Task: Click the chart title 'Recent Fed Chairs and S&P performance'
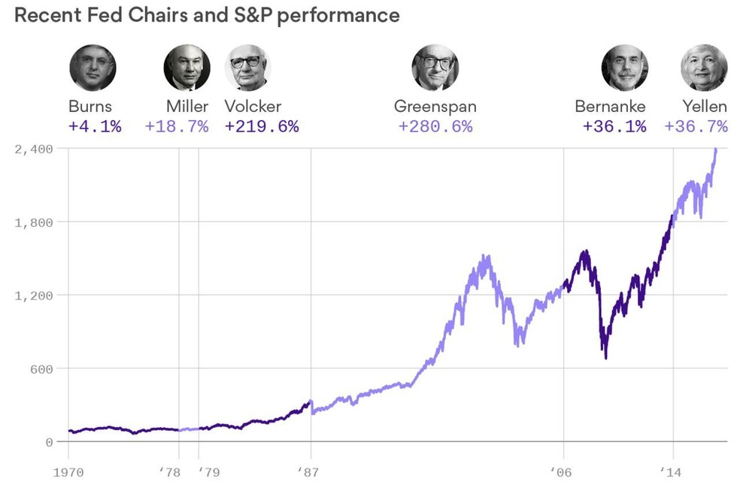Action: (x=207, y=15)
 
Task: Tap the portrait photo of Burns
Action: (x=93, y=68)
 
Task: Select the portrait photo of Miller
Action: (x=187, y=68)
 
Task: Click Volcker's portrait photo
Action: (x=248, y=68)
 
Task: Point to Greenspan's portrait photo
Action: (x=435, y=68)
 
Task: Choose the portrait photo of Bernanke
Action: (x=624, y=68)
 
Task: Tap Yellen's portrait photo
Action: (x=704, y=68)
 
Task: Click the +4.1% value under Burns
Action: (x=95, y=126)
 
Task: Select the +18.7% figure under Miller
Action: (x=177, y=126)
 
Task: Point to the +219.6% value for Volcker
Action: (x=262, y=126)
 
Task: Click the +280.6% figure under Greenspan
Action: (x=435, y=126)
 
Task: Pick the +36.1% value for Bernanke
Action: (x=614, y=126)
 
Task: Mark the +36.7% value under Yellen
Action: (x=696, y=126)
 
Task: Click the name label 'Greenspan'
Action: (x=435, y=107)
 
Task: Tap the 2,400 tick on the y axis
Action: (x=34, y=149)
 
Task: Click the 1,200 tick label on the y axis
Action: (x=34, y=296)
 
